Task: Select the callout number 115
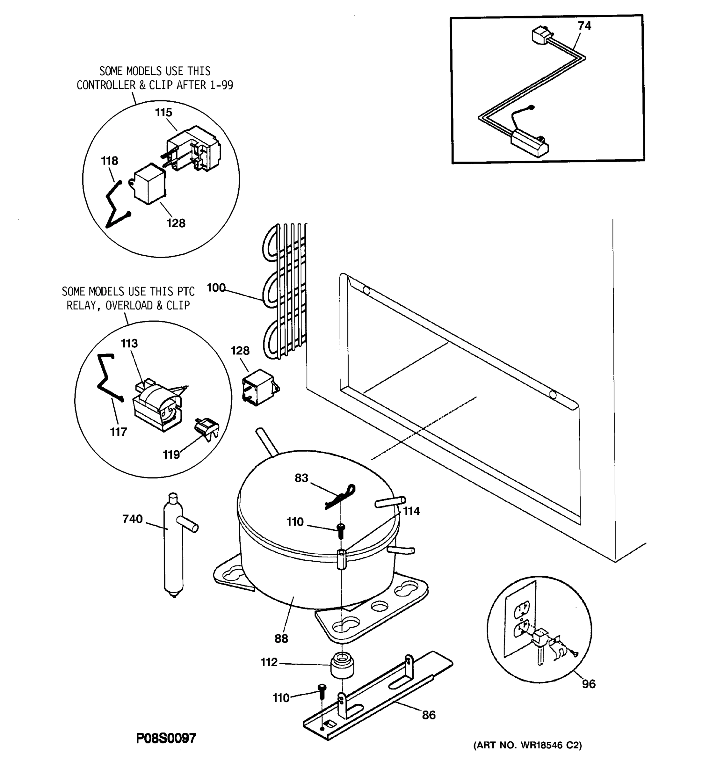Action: point(163,113)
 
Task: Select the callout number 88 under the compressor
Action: point(281,638)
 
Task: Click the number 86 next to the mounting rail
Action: point(429,715)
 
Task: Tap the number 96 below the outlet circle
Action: point(589,684)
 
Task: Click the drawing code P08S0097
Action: point(166,738)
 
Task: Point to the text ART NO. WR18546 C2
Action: point(527,745)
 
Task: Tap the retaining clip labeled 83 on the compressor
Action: point(340,496)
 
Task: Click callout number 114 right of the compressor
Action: point(411,511)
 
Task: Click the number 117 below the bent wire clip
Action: point(118,432)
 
